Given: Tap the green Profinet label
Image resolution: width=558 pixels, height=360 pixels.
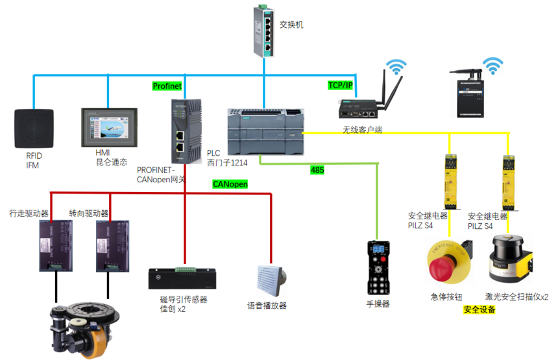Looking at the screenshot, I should pos(167,86).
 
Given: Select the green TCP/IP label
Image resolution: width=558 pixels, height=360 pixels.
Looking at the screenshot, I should pos(341,85).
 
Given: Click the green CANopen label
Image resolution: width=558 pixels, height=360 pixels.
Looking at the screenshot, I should pos(230,184).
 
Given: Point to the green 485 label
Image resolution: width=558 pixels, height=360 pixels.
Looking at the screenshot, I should pos(317,171).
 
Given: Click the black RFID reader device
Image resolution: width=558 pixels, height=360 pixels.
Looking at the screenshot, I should pos(34,128).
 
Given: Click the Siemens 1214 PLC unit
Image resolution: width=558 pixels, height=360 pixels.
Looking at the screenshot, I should pos(265,130).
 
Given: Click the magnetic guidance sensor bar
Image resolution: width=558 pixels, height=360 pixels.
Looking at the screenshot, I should pos(181,278).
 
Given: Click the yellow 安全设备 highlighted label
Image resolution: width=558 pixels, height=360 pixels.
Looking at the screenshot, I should pos(479,310).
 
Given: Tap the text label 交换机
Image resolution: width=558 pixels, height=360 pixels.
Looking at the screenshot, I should pos(291,25).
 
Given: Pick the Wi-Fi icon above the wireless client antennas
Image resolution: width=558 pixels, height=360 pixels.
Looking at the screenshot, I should pos(395,68).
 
